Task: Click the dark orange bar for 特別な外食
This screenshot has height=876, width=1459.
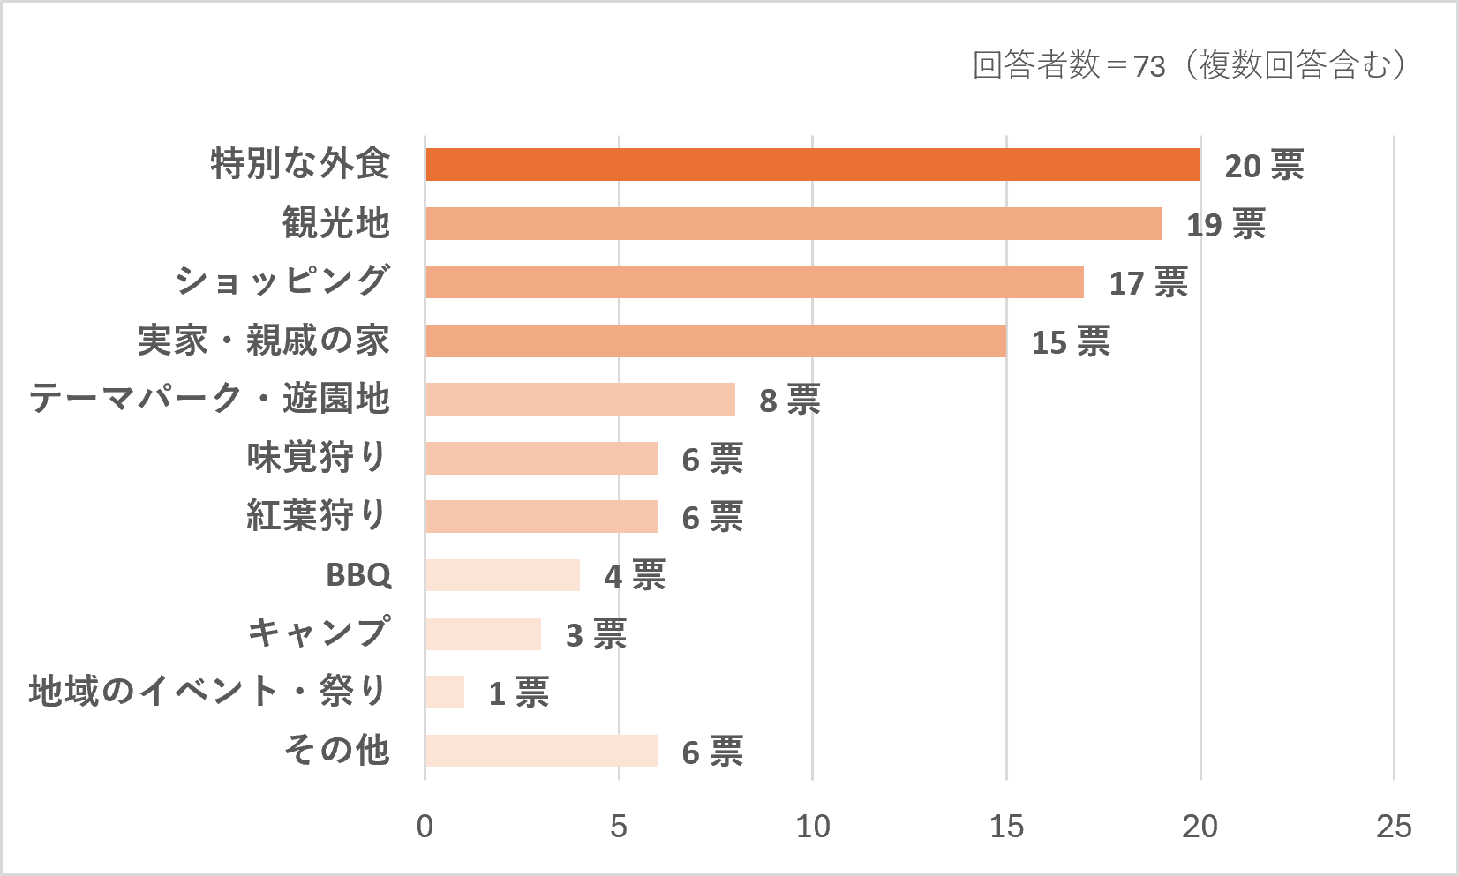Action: [813, 165]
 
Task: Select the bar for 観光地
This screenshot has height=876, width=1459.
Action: [793, 223]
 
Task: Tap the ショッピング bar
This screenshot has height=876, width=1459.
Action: [755, 281]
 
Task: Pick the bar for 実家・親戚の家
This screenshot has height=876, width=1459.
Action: [716, 341]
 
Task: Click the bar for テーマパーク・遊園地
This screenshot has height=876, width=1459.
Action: [581, 399]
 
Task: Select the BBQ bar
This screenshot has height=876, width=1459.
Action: [503, 574]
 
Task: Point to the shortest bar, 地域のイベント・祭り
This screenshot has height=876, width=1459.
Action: [445, 692]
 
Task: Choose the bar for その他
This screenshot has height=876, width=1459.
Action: [541, 751]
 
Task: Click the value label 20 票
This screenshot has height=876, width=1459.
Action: [1264, 165]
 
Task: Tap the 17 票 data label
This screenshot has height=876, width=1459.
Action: [1148, 282]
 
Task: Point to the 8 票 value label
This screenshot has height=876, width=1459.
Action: [789, 400]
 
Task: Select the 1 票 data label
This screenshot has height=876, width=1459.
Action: [518, 693]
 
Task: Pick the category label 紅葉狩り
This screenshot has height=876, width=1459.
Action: [317, 515]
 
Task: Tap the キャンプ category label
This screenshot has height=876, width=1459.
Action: [320, 632]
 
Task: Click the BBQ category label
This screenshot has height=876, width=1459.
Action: [359, 574]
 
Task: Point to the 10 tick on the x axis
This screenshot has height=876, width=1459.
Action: [813, 827]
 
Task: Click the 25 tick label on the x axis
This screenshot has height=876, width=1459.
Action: [1394, 827]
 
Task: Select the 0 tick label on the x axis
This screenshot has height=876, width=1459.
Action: [425, 827]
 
